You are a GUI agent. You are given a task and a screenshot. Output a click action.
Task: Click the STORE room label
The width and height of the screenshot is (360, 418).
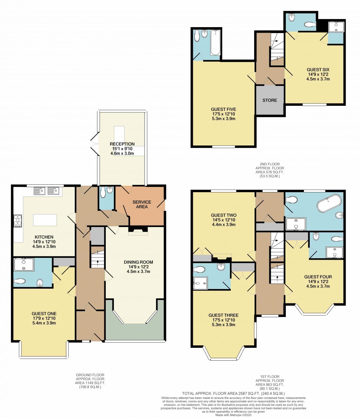(x=270, y=100)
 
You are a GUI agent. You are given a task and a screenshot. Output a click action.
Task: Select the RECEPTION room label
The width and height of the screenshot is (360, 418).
(x=122, y=144)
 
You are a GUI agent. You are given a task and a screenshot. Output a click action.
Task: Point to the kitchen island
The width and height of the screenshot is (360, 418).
(x=45, y=220)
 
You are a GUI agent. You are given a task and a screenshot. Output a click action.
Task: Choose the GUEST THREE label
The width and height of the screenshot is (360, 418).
(x=223, y=315)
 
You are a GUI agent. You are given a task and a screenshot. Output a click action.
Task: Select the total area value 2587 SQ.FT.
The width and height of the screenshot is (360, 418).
(x=243, y=393)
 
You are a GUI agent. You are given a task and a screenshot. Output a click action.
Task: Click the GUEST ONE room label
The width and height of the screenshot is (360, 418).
(x=44, y=313)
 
